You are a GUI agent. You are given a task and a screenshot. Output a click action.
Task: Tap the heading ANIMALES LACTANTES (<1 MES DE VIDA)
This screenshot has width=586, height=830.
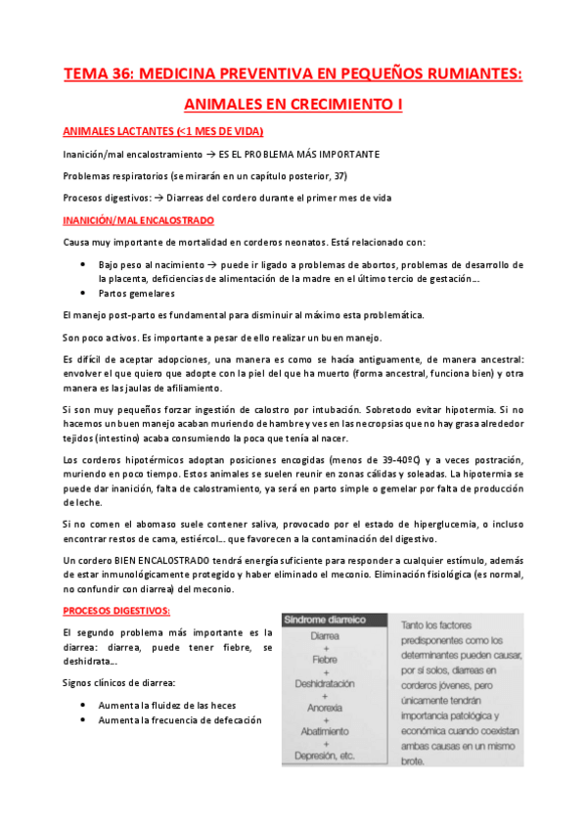coord(162,131)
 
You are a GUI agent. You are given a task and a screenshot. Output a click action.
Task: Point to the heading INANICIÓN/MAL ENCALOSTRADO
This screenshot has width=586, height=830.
coord(138,220)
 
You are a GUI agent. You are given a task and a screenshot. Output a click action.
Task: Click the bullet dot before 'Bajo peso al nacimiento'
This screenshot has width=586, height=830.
coord(81,264)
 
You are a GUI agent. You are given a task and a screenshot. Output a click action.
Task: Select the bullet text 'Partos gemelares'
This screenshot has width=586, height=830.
coord(135,293)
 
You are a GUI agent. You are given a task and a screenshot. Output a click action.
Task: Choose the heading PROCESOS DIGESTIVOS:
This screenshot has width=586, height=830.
coord(116,611)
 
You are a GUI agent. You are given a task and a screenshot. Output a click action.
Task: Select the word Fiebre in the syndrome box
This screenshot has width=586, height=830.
coord(324,659)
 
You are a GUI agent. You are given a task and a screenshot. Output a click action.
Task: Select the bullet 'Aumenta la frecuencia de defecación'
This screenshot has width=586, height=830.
coord(180,720)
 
